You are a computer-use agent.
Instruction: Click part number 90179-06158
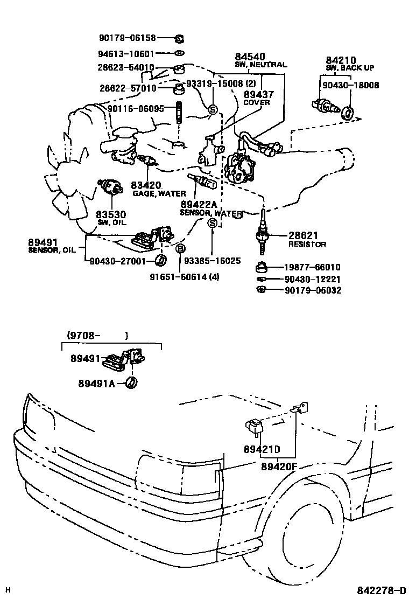click(x=127, y=38)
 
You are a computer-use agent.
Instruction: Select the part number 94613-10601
click(x=127, y=54)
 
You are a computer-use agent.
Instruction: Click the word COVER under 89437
click(x=257, y=102)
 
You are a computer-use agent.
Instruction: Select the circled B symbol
click(x=181, y=248)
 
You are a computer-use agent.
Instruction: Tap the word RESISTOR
click(x=308, y=244)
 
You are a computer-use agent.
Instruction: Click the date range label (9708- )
click(x=97, y=335)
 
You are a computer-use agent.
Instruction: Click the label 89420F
click(x=279, y=466)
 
